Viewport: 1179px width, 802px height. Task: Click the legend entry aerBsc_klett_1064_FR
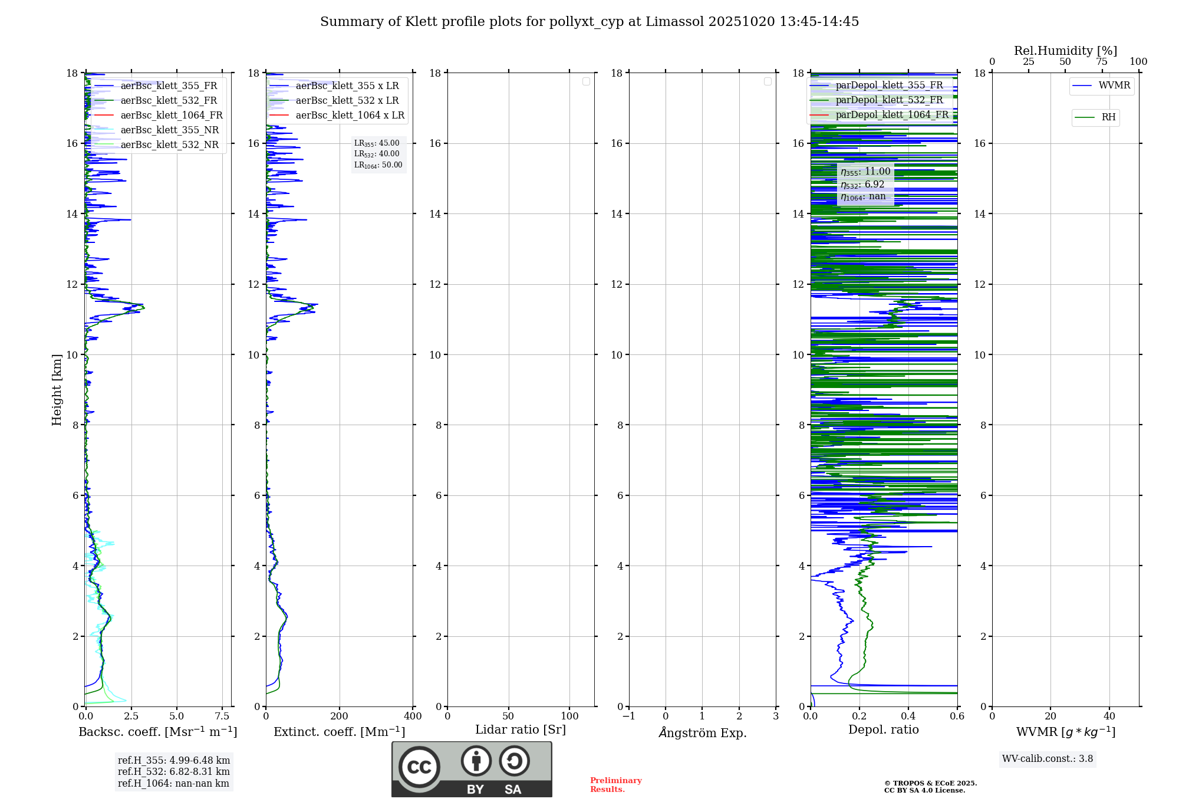click(171, 116)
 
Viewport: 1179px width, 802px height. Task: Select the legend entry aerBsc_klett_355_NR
click(169, 130)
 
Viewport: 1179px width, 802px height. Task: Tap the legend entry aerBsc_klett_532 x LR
click(347, 101)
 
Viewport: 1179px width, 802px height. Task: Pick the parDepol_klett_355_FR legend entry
click(889, 86)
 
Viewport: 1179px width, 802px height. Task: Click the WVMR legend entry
click(1114, 86)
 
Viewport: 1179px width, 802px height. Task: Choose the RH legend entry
click(1108, 117)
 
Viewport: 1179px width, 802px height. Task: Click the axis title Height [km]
click(57, 389)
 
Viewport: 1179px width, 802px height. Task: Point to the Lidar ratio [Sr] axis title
click(520, 730)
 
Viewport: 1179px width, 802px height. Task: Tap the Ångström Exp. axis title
click(702, 732)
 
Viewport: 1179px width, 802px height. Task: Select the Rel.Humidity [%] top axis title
click(1065, 51)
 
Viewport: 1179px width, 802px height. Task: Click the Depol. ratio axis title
click(883, 730)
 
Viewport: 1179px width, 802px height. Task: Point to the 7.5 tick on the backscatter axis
click(222, 716)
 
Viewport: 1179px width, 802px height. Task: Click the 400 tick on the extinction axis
click(413, 716)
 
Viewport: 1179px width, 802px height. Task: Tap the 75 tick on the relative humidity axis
click(1101, 62)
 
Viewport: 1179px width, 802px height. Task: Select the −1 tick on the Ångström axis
click(629, 716)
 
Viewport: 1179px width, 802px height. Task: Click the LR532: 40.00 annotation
click(377, 154)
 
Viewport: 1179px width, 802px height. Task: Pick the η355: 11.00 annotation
click(865, 172)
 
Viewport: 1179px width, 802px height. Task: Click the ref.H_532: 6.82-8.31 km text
click(173, 772)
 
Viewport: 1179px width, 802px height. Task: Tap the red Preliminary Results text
click(615, 785)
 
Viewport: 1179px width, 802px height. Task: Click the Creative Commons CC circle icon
click(419, 767)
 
